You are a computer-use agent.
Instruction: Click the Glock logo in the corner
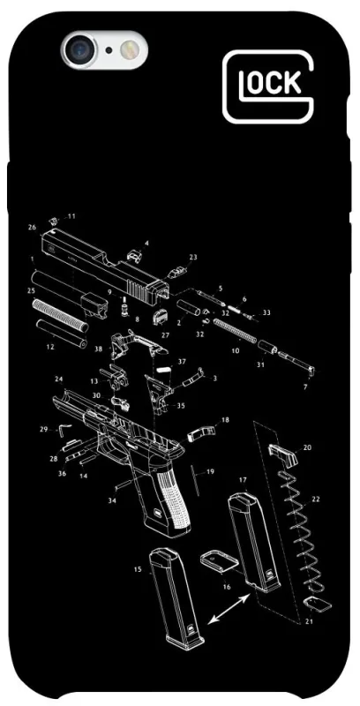(x=268, y=86)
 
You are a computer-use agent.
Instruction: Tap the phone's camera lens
(x=80, y=49)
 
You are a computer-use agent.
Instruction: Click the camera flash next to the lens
(x=130, y=49)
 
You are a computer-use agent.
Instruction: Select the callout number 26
(x=32, y=228)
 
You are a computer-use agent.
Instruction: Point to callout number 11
(x=71, y=216)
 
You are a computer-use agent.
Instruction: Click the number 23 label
(x=193, y=257)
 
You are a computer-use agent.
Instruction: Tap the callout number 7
(x=305, y=387)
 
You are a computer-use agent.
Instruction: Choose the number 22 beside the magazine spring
(x=316, y=499)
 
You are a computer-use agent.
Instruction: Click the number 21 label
(x=309, y=622)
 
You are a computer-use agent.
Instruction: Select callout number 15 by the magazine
(x=138, y=569)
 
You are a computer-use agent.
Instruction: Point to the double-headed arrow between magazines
(x=229, y=608)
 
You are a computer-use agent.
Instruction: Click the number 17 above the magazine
(x=243, y=480)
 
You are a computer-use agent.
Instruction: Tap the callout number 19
(x=210, y=471)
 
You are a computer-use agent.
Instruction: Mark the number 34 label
(x=112, y=500)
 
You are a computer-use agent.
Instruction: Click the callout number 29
(x=43, y=429)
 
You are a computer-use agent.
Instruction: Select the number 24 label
(x=59, y=379)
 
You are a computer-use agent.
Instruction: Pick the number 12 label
(x=50, y=347)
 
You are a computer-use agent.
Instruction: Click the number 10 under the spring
(x=236, y=350)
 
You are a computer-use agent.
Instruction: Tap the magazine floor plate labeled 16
(x=219, y=560)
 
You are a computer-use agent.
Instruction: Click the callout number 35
(x=181, y=405)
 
